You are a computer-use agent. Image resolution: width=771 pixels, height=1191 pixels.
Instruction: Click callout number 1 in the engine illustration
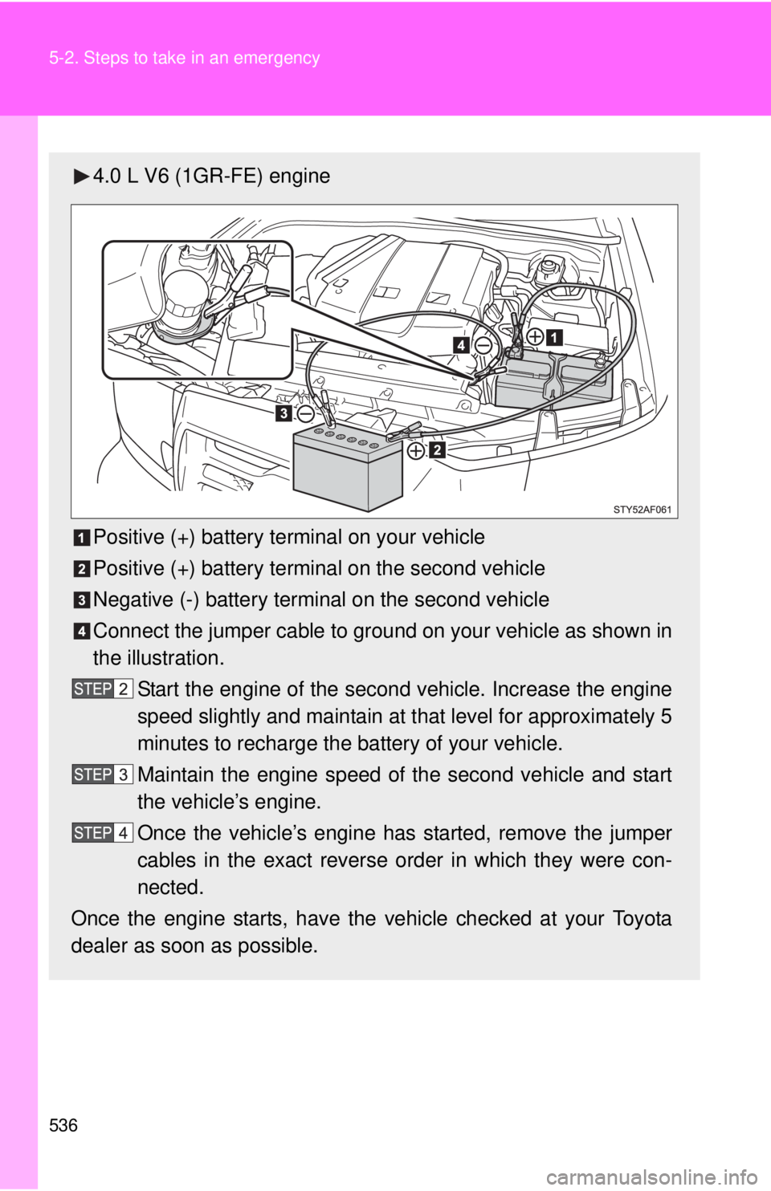(554, 336)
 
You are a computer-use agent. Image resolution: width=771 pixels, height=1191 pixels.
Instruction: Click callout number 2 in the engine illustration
(437, 450)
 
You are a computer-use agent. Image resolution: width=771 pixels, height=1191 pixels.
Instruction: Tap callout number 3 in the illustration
(284, 413)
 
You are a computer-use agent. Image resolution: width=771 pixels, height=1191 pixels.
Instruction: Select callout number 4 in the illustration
(461, 344)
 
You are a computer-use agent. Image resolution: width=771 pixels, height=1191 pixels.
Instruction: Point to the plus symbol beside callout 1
(535, 336)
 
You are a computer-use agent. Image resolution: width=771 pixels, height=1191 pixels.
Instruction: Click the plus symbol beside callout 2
(416, 451)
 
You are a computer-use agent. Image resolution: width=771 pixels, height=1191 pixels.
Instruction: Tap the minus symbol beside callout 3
(305, 413)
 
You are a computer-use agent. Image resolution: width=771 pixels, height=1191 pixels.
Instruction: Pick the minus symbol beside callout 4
(483, 344)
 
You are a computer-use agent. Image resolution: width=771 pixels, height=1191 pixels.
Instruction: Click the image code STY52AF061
(642, 509)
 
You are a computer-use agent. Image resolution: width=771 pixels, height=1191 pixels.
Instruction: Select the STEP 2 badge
(102, 689)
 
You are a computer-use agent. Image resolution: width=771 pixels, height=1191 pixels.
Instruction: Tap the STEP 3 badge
(102, 774)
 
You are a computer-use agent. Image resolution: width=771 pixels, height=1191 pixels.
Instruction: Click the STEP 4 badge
(102, 833)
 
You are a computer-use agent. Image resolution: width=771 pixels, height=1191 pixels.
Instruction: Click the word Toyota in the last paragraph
(642, 918)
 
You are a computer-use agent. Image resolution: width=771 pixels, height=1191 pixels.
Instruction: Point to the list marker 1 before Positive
(82, 538)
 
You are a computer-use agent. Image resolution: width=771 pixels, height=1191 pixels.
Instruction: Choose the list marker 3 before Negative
(82, 600)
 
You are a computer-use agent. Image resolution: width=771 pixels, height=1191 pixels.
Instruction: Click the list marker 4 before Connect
(82, 632)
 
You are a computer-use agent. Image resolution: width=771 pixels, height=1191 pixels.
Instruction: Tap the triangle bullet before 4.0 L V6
(82, 177)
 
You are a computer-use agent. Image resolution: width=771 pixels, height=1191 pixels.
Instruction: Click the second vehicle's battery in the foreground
(346, 469)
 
